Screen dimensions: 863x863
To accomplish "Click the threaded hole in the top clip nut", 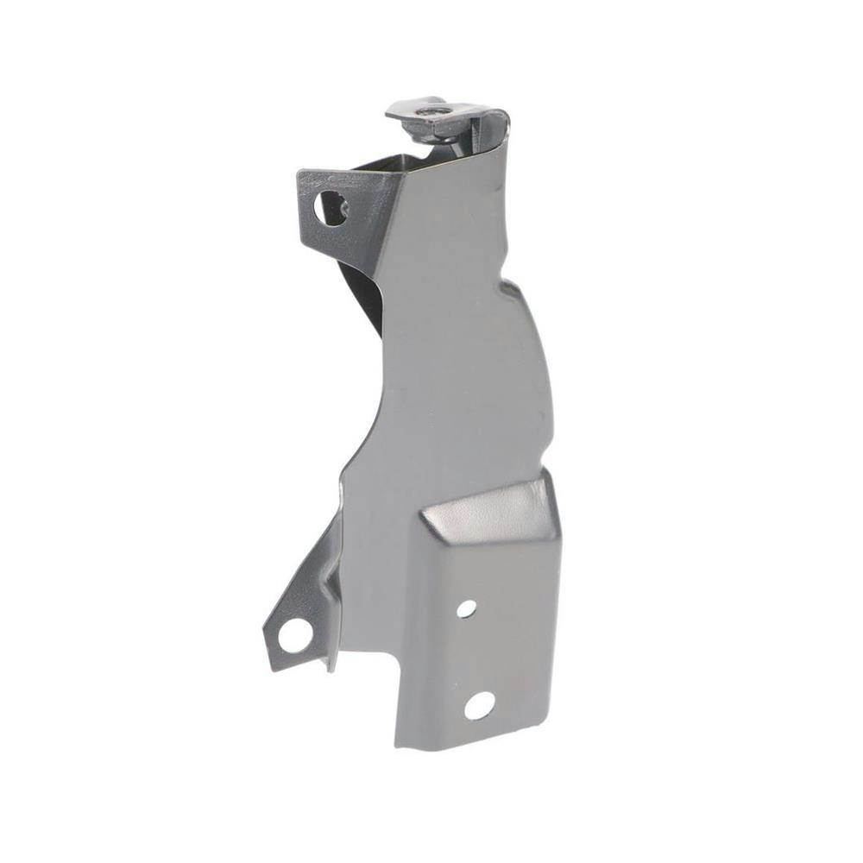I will point(428,110).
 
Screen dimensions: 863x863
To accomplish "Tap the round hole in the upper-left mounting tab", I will point(331,207).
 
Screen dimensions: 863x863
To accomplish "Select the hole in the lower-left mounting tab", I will point(293,635).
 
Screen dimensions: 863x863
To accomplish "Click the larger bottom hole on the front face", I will point(479,705).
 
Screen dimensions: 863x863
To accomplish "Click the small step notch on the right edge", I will point(509,285).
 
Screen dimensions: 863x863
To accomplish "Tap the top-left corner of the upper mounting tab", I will point(300,173).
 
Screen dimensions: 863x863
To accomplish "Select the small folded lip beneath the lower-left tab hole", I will point(325,663).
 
